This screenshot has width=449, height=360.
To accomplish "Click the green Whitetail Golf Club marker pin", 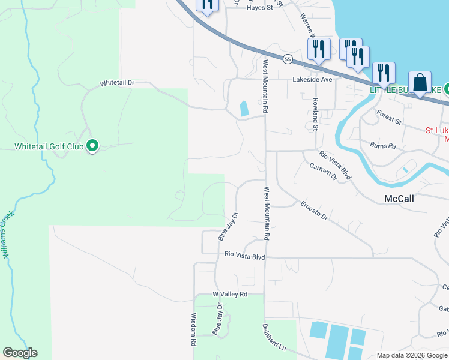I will [x=92, y=146].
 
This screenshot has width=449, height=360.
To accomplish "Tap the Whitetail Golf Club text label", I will [x=49, y=146].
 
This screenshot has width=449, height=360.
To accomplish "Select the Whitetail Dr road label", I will [x=118, y=82].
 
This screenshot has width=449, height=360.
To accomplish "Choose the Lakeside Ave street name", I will [x=312, y=79].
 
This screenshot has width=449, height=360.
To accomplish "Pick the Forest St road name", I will [x=388, y=117].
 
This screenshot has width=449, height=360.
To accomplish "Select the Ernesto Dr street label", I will [x=314, y=210].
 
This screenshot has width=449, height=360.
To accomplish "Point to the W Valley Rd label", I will [x=230, y=295].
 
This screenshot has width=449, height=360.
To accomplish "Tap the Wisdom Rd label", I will [x=194, y=329].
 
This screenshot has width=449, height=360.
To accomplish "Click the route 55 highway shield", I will [x=288, y=59].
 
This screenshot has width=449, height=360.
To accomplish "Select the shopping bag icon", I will [x=420, y=82].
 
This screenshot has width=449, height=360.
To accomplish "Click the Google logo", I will [x=20, y=353].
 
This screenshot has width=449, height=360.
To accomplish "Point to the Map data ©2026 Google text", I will [x=411, y=355].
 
